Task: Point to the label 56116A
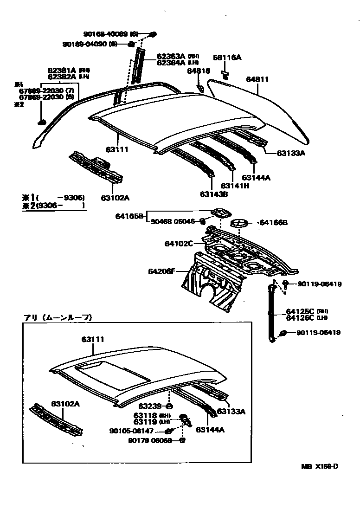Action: (x=227, y=58)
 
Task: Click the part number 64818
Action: (x=199, y=71)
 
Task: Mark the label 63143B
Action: (x=214, y=194)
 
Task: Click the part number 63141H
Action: (x=234, y=186)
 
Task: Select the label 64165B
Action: (x=129, y=216)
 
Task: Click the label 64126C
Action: (x=300, y=318)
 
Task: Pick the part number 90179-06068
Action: (x=150, y=440)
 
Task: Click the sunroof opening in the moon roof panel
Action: (x=111, y=374)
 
